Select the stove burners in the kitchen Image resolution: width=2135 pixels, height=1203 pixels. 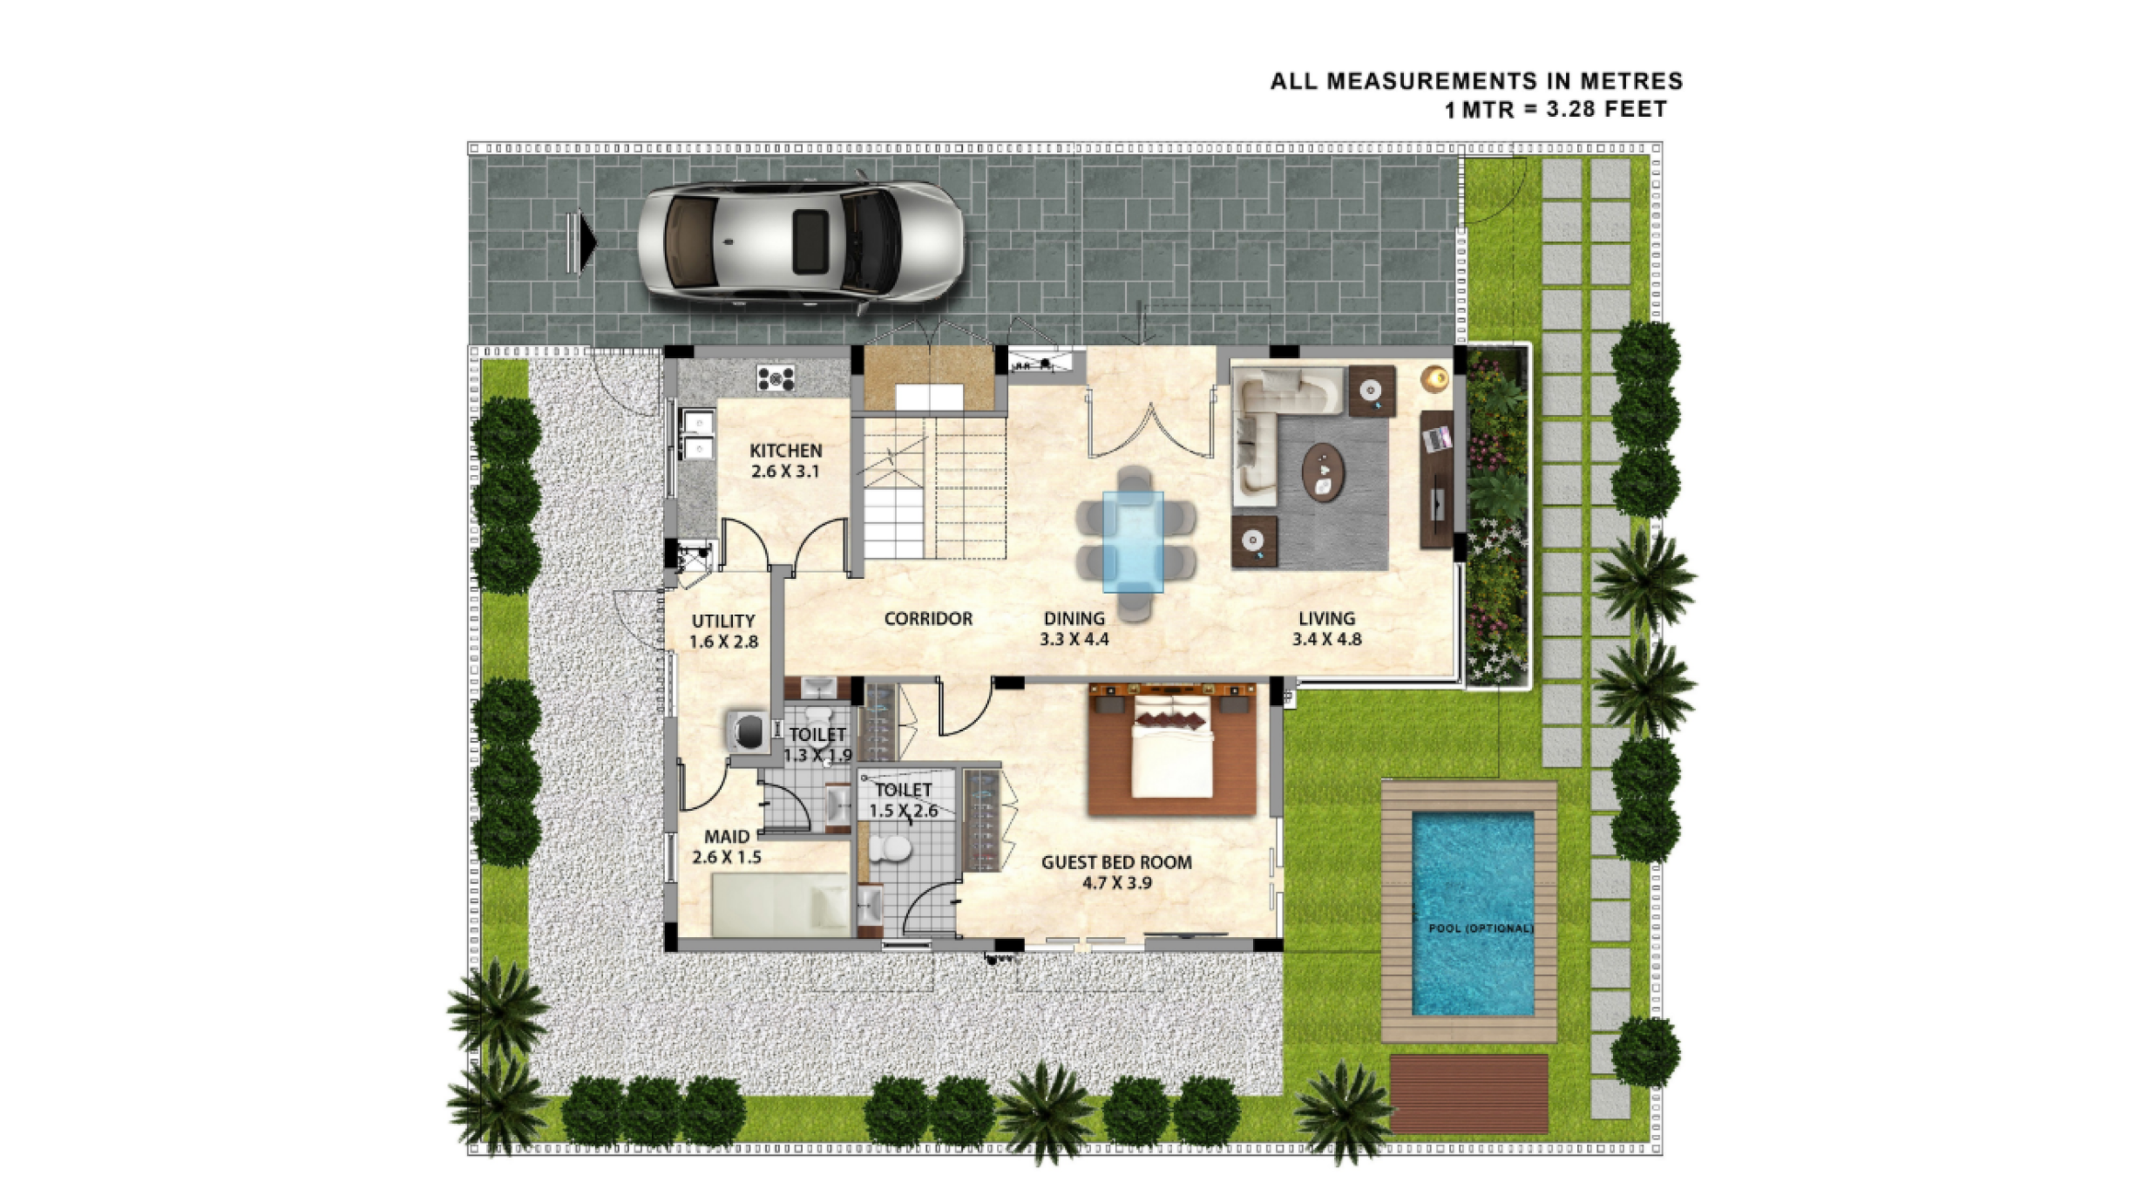776,378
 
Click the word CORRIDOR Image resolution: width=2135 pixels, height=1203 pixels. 928,618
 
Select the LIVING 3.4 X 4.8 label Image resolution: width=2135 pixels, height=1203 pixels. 1326,629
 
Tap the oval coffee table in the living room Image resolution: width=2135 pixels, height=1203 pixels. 1323,472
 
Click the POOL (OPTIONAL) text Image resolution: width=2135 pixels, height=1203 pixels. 1481,928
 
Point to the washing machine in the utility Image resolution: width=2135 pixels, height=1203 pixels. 748,731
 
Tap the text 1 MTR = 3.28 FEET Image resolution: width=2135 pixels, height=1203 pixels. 1555,110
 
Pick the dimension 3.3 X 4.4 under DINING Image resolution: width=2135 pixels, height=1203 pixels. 1074,639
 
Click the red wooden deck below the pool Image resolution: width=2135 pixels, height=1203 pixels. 1469,1094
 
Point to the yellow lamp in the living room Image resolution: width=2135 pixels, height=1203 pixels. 1434,379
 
